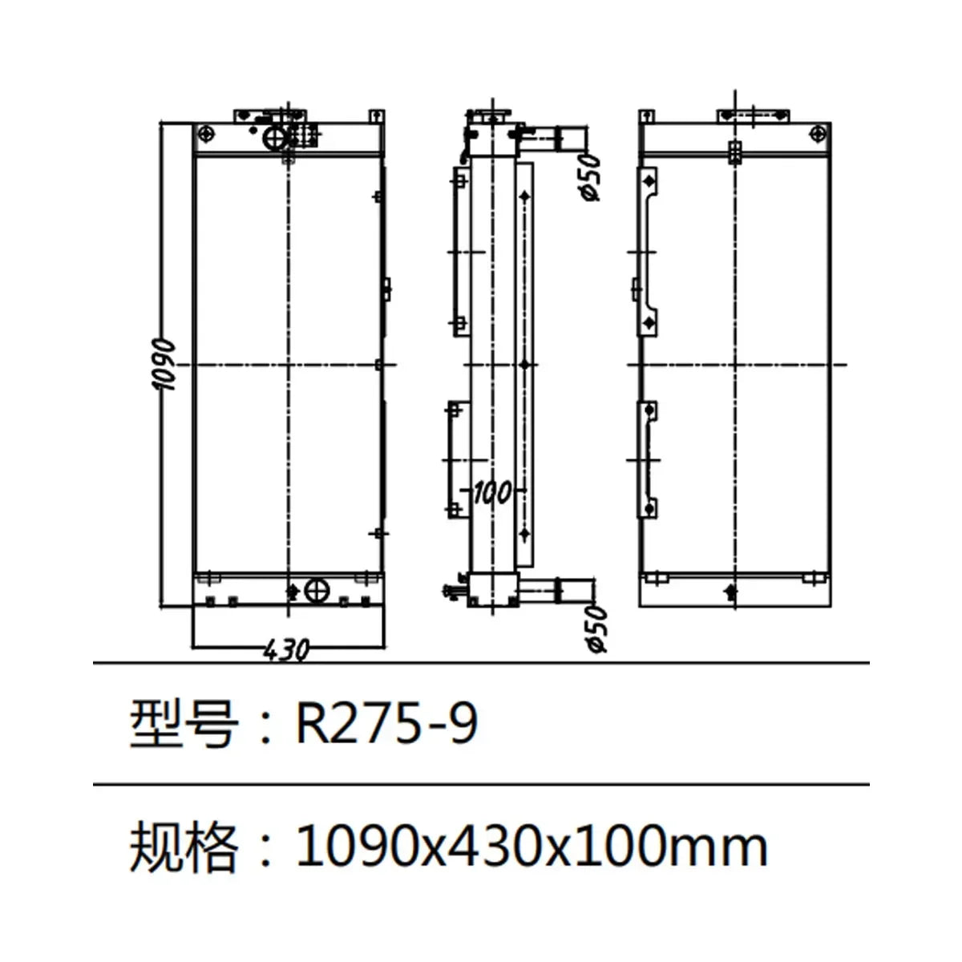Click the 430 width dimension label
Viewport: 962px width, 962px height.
286,650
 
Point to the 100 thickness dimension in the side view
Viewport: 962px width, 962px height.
491,491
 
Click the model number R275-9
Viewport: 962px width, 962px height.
387,724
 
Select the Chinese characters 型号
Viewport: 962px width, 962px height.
184,724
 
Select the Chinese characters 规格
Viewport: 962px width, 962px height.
184,847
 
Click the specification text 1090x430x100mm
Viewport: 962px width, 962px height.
532,847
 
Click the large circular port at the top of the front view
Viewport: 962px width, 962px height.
274,138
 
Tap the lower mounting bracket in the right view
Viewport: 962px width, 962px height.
648,459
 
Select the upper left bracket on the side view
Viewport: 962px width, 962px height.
459,249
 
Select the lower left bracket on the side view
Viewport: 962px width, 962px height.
454,459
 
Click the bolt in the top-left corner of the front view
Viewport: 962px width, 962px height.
208,133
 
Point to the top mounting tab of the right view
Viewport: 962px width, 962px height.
754,115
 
